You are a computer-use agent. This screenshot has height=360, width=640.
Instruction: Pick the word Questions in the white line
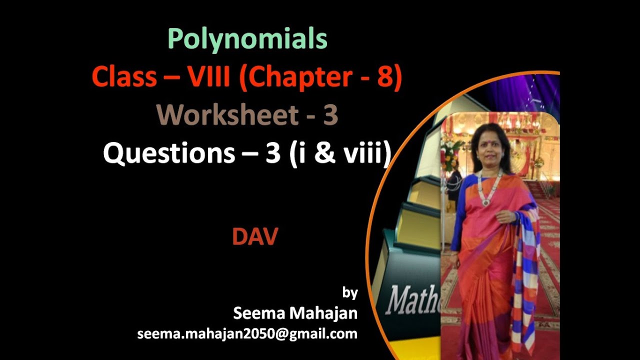point(168,154)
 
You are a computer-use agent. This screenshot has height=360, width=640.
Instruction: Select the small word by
point(350,292)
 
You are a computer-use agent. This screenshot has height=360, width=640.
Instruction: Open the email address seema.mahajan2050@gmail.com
point(247,333)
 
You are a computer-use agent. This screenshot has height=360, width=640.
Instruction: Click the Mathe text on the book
point(413,300)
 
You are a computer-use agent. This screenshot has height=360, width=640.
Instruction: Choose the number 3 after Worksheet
point(330,115)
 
